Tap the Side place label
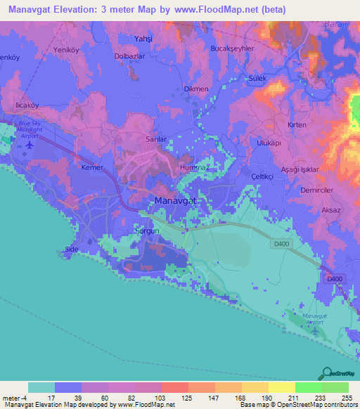click(x=70, y=250)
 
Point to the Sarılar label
click(x=155, y=139)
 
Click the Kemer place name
click(x=92, y=169)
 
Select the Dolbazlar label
click(x=130, y=56)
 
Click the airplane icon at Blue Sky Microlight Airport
click(x=29, y=145)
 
